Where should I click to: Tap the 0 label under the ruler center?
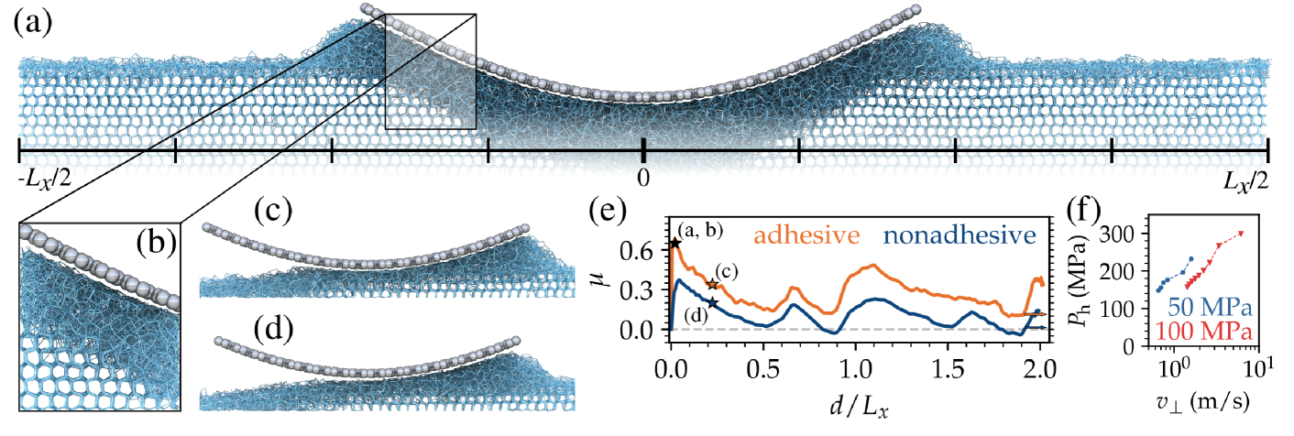point(644,176)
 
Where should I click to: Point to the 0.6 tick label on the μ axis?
point(643,249)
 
